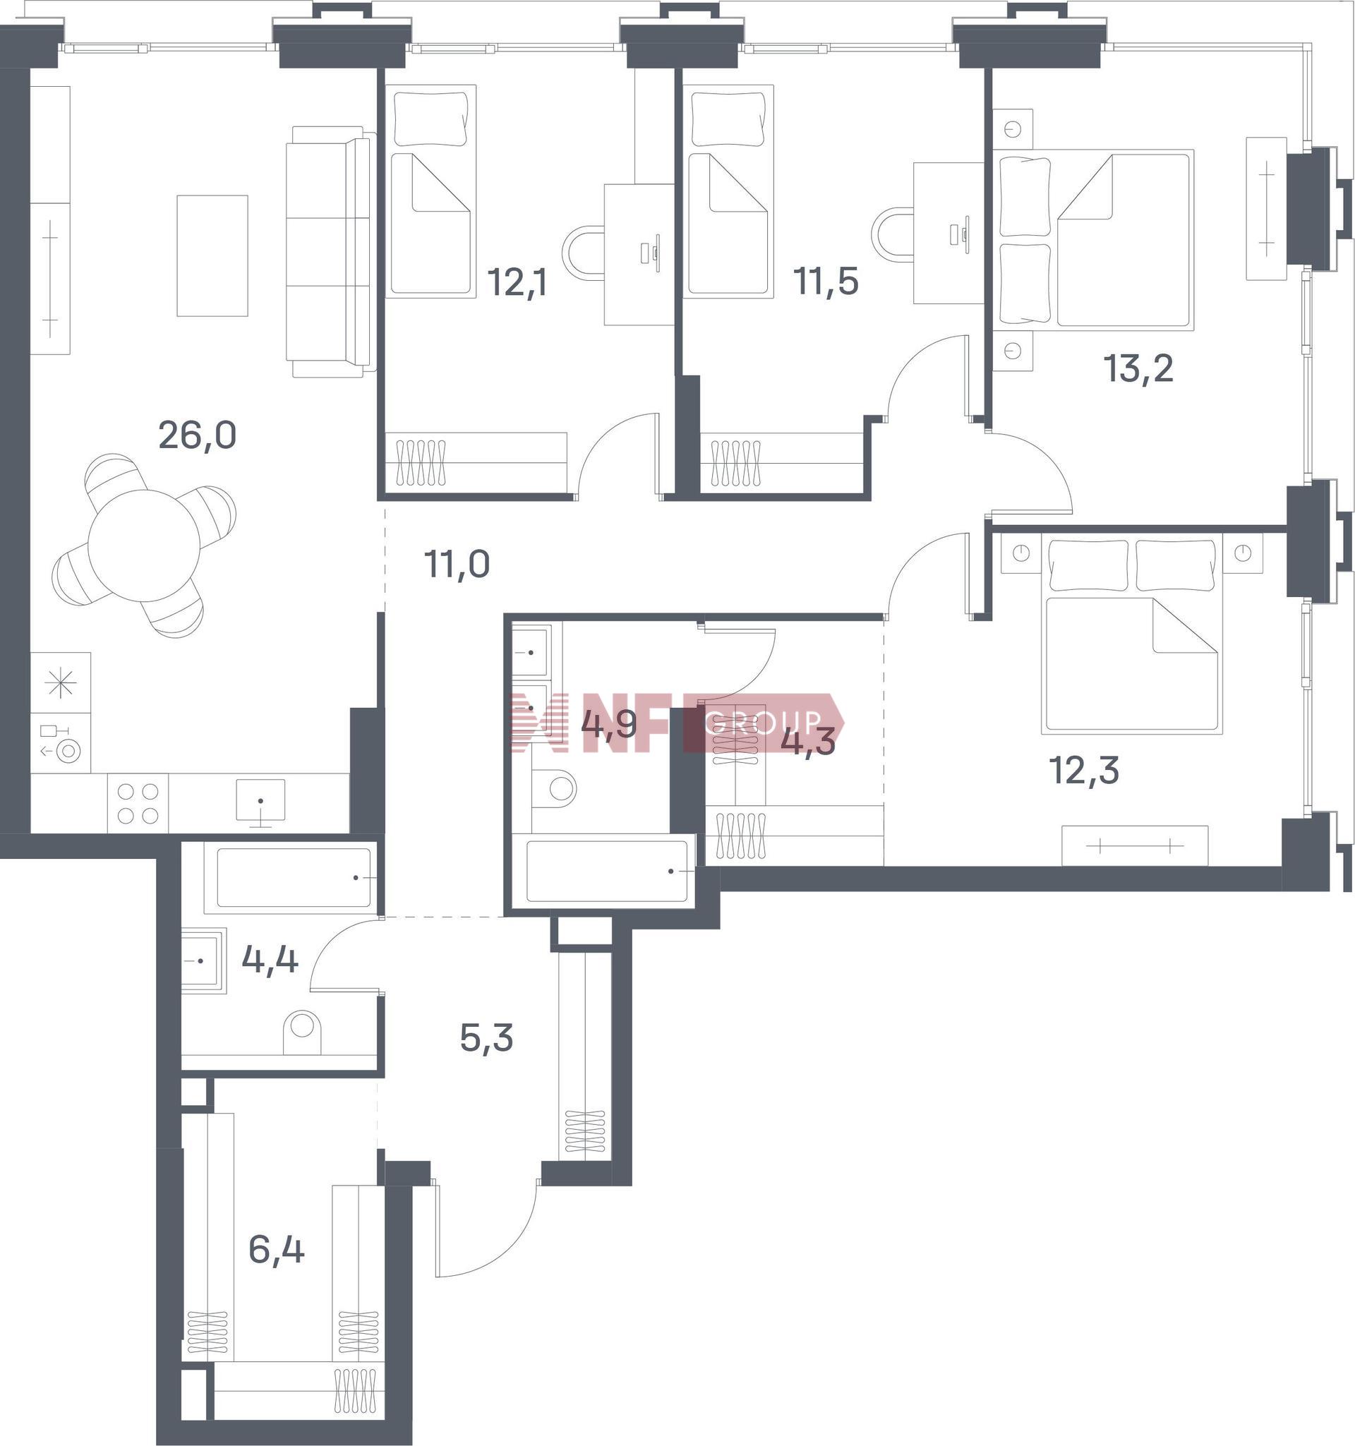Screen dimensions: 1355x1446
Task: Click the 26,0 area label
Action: (197, 436)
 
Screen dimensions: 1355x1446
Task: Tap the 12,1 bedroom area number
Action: (517, 282)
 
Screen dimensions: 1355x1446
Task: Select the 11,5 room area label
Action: (826, 282)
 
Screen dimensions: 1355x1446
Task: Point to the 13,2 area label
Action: (1139, 368)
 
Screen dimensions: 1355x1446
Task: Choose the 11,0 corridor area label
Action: (457, 565)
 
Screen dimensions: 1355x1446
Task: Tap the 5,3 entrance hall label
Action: (486, 1039)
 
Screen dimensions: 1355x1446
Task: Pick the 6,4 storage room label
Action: (277, 1251)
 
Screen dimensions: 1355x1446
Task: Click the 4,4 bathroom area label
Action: (270, 960)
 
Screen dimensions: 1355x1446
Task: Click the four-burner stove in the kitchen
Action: (138, 803)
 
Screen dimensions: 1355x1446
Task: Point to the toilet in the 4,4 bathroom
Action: (301, 1032)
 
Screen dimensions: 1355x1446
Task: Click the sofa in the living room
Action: (331, 252)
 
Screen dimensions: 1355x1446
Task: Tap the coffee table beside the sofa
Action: (212, 256)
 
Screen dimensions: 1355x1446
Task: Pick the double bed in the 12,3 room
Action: (1131, 633)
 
